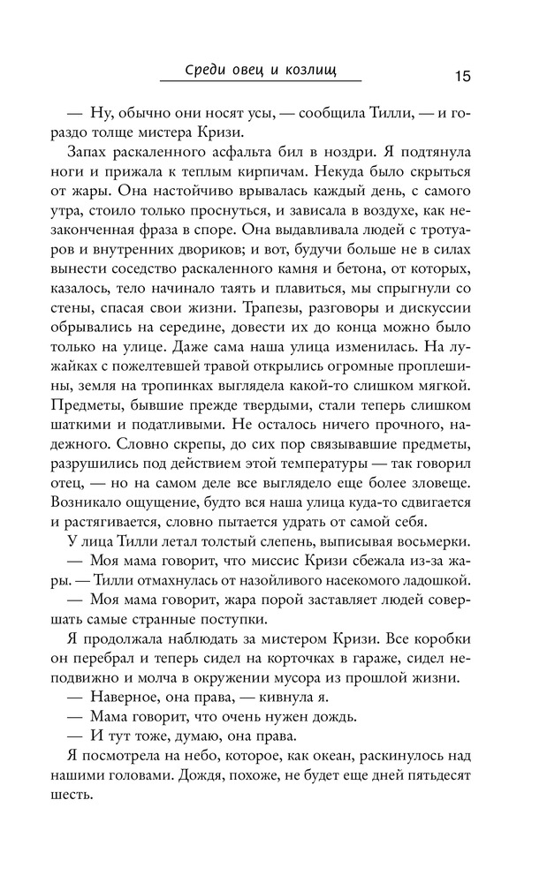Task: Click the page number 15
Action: coord(462,76)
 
